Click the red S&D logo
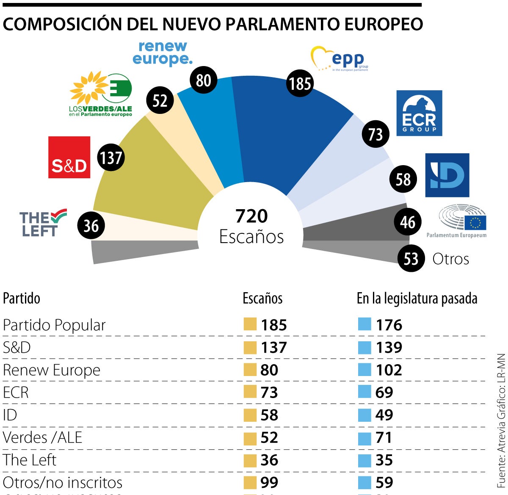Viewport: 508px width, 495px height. pos(69,157)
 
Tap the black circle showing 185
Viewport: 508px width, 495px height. pos(300,83)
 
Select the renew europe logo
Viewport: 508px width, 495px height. pos(163,53)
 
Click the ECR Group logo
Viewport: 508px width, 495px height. pos(419,113)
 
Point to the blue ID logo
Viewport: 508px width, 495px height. pos(447,175)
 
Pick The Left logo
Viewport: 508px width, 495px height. pos(42,223)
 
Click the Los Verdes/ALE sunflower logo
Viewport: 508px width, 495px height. pos(101,94)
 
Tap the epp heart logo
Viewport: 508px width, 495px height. pos(339,60)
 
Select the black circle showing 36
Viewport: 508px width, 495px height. pos(91,226)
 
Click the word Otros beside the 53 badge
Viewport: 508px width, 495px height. pos(450,259)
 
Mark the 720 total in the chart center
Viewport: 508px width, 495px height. pos(251,216)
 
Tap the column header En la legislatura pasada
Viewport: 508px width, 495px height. pos(417,299)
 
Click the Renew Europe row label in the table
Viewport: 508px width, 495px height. pos(52,370)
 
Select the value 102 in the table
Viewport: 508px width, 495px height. pos(389,370)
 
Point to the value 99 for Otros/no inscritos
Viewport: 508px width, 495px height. pos(269,482)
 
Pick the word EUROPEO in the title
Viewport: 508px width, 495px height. pos(384,24)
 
